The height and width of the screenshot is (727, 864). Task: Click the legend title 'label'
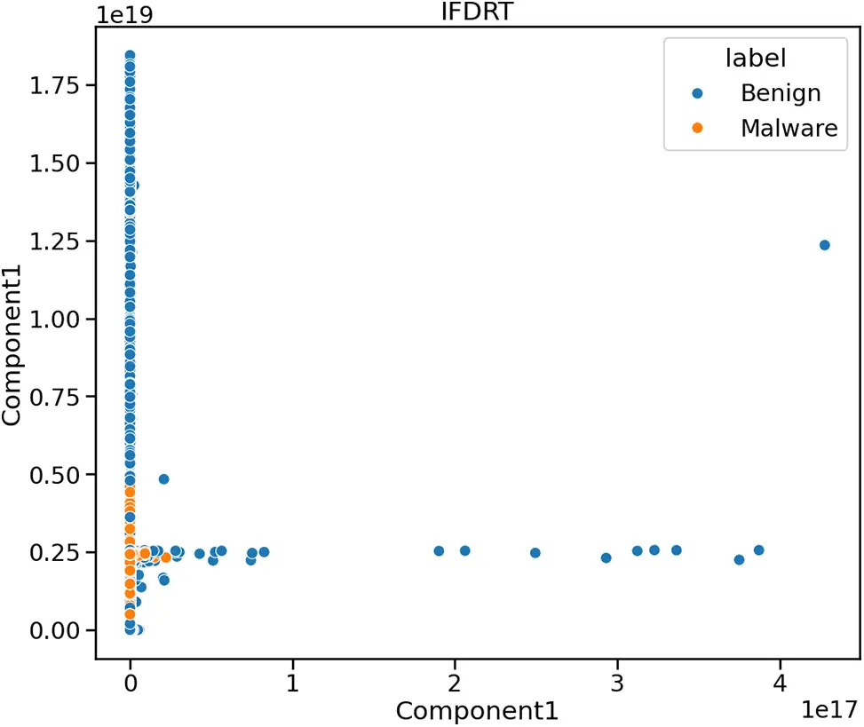click(x=755, y=59)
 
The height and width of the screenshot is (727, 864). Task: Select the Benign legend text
click(x=781, y=93)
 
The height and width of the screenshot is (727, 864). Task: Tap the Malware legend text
click(x=789, y=128)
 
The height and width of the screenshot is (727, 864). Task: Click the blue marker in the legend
click(x=698, y=93)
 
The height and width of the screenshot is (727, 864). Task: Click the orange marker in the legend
click(x=698, y=128)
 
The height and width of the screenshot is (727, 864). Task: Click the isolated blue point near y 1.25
click(x=824, y=245)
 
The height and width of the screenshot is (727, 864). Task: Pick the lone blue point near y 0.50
click(x=163, y=479)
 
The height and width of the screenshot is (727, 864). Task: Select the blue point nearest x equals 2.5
click(x=535, y=552)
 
